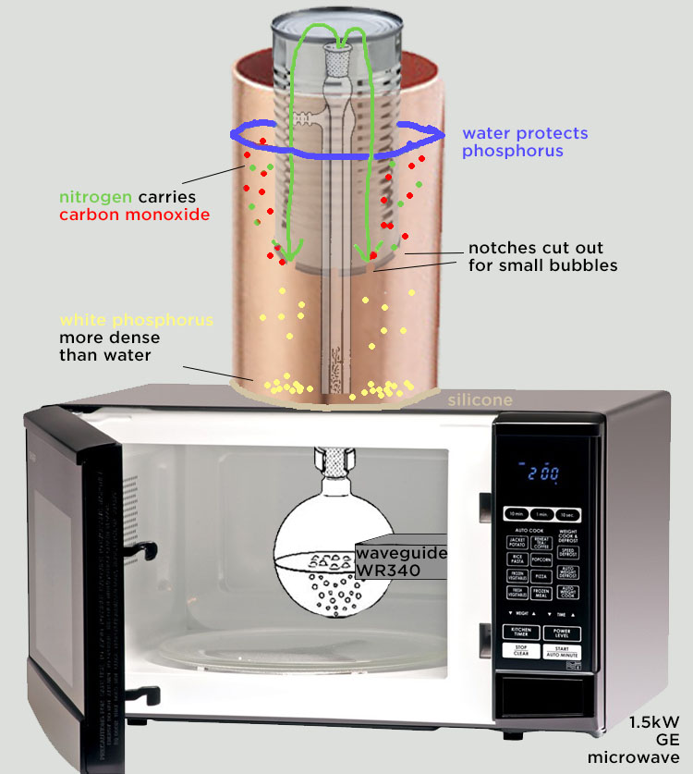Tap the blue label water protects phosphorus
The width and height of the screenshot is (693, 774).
[525, 142]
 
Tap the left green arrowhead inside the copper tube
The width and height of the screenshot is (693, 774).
[289, 251]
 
